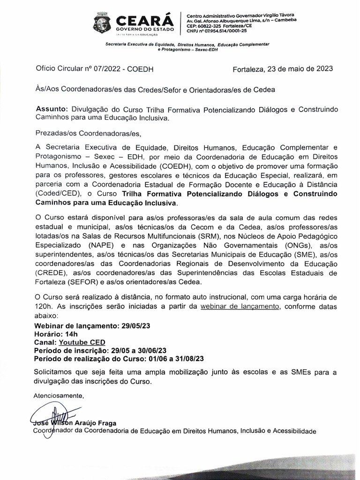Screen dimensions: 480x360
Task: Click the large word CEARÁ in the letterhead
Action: point(142,20)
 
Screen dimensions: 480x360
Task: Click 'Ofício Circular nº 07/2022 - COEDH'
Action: point(95,69)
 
